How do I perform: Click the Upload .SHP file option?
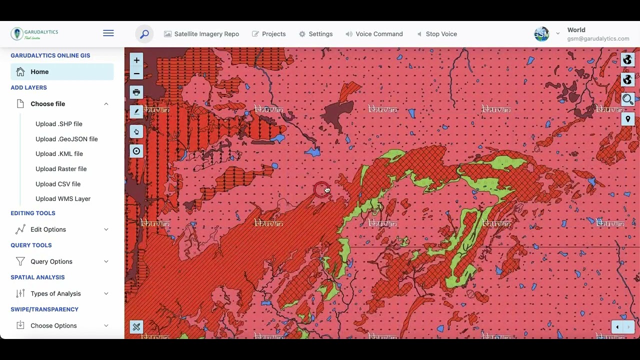[59, 124]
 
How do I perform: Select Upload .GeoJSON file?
[66, 139]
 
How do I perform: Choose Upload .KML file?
[59, 154]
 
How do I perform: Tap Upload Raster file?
[61, 169]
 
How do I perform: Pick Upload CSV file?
[58, 184]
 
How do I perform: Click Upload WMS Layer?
[63, 199]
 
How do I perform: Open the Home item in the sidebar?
[39, 72]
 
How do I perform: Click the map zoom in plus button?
[136, 60]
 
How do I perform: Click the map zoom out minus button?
[136, 73]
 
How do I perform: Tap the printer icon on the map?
[136, 92]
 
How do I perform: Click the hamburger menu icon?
[108, 33]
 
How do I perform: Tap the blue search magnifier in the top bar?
[144, 34]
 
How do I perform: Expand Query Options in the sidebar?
[51, 261]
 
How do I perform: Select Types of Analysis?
[55, 293]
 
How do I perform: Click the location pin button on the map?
[628, 119]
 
